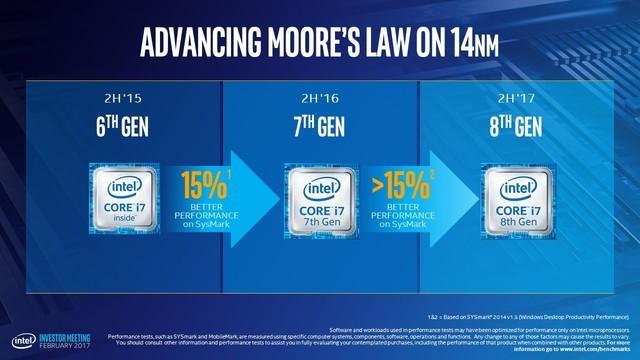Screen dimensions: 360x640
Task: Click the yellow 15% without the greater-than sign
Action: [x=202, y=186]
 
